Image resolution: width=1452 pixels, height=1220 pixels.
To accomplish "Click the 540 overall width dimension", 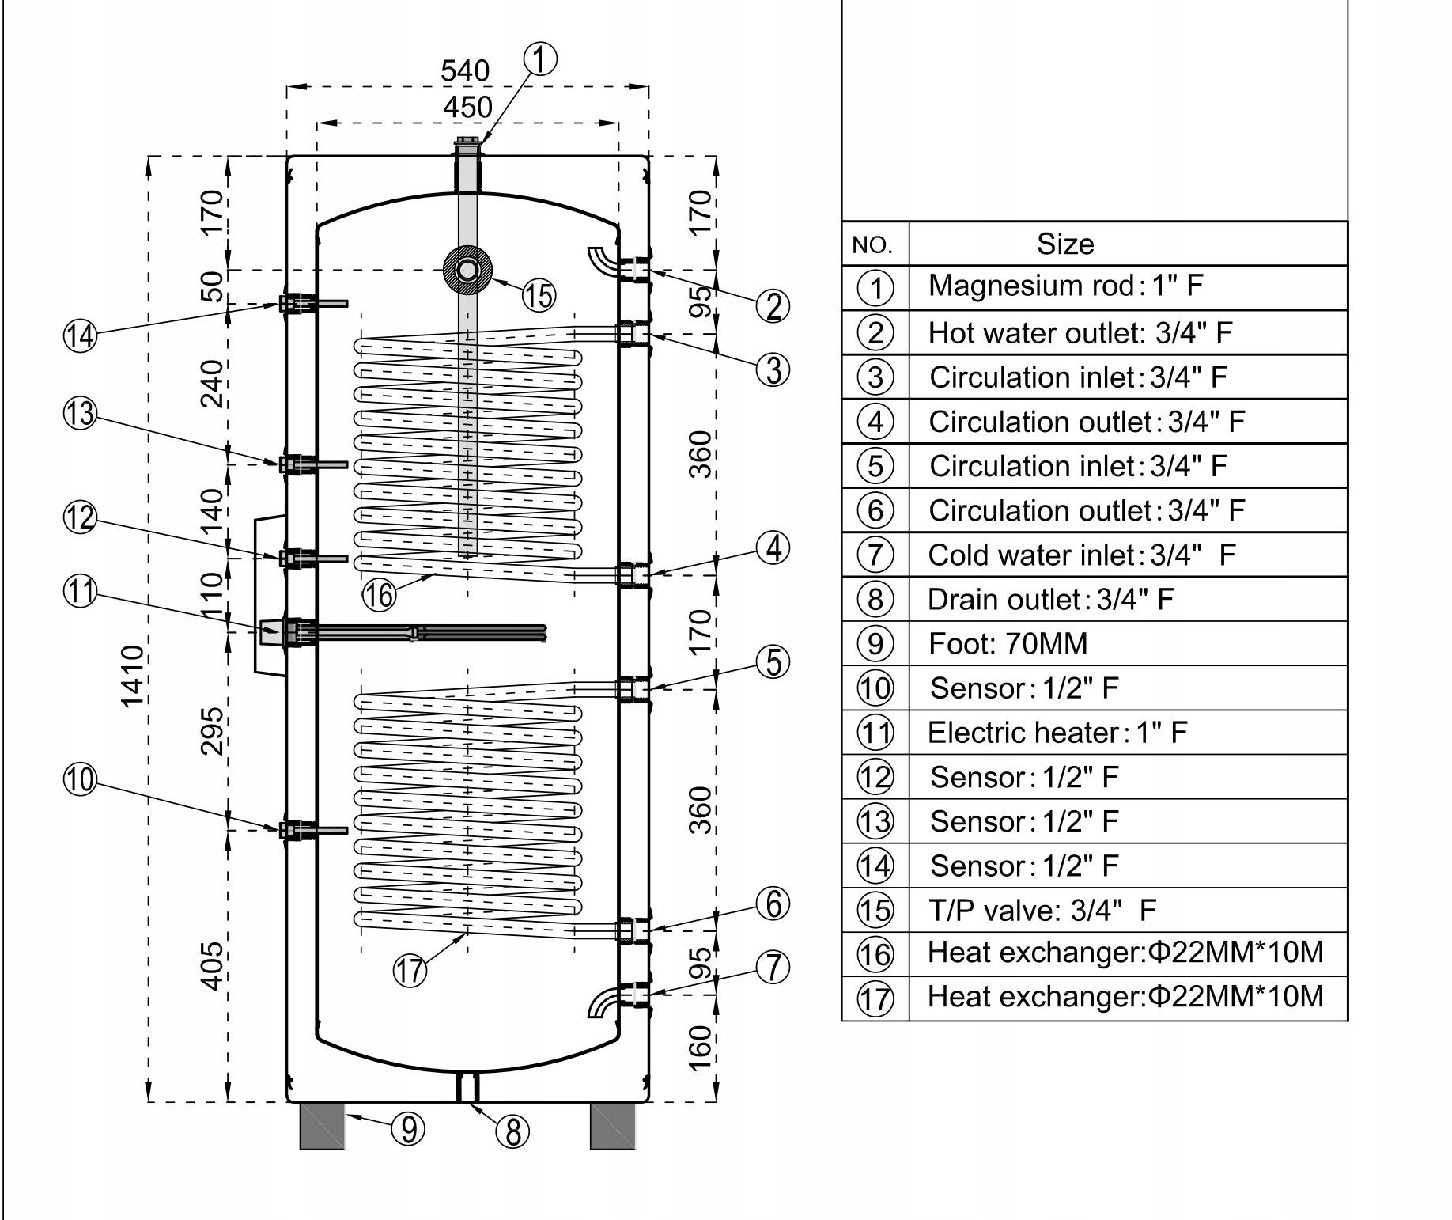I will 465,71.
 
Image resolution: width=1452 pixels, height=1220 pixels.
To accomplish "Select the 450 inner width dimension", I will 467,107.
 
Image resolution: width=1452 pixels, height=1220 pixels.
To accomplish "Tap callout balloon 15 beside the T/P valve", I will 539,295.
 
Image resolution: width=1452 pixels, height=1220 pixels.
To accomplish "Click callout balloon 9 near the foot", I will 408,1129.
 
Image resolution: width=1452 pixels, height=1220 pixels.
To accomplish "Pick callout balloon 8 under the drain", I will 512,1132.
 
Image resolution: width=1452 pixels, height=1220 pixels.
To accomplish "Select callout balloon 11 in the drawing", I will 80,593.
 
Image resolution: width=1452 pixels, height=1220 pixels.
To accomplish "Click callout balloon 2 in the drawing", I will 773,305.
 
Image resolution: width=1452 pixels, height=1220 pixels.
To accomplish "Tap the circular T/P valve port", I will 467,270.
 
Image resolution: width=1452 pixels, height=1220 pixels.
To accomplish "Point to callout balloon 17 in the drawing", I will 410,970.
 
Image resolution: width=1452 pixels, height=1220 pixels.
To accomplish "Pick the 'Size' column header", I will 1065,244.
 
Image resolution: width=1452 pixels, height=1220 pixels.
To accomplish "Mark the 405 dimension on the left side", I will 212,965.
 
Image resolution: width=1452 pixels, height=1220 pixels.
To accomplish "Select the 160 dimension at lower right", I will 701,1048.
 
